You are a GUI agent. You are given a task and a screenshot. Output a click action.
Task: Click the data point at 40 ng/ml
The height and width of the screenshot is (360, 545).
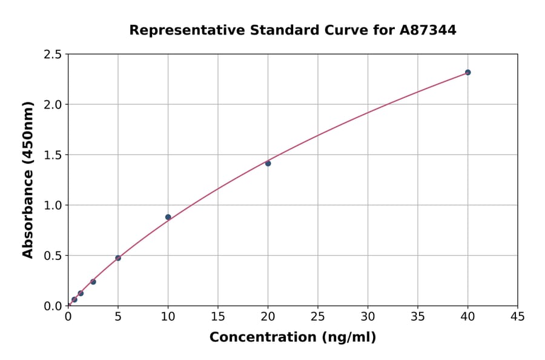(467, 72)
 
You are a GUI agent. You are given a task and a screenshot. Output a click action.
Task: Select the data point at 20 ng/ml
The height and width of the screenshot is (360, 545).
(268, 163)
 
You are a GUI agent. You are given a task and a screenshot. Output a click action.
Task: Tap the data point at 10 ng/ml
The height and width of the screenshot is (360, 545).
(168, 217)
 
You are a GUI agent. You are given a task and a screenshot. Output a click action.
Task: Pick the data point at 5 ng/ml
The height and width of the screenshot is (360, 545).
(118, 258)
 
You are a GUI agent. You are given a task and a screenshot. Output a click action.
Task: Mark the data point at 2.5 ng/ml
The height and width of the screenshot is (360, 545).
(93, 282)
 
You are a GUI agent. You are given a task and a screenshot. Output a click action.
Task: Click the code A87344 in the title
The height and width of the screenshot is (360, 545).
(428, 30)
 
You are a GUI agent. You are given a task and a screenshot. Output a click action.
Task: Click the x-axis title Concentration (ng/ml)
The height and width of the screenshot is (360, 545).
(292, 337)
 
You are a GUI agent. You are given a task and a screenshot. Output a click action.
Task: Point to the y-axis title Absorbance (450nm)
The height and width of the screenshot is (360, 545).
(28, 180)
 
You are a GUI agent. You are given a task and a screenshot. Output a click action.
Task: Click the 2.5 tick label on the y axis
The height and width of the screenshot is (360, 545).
(53, 55)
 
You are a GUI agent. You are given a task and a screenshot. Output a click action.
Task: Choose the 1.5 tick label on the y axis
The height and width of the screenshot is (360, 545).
(53, 155)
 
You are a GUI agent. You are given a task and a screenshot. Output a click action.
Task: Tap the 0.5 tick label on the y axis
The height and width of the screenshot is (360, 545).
(53, 256)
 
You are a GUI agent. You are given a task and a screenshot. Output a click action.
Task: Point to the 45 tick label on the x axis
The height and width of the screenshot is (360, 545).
(518, 316)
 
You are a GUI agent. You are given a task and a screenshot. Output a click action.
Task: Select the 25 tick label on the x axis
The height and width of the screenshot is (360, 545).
(318, 316)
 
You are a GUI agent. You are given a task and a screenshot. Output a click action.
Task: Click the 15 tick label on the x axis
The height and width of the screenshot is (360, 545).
(218, 316)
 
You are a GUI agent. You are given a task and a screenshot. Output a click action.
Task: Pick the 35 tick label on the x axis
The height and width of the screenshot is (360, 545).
(418, 316)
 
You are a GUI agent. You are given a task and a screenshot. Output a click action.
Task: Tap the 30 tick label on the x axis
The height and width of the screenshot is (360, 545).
(368, 316)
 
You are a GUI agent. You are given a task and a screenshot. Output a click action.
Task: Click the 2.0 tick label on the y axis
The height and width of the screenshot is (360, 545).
(53, 105)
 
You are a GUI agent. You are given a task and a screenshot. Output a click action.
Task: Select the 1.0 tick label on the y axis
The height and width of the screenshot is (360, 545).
(53, 205)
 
